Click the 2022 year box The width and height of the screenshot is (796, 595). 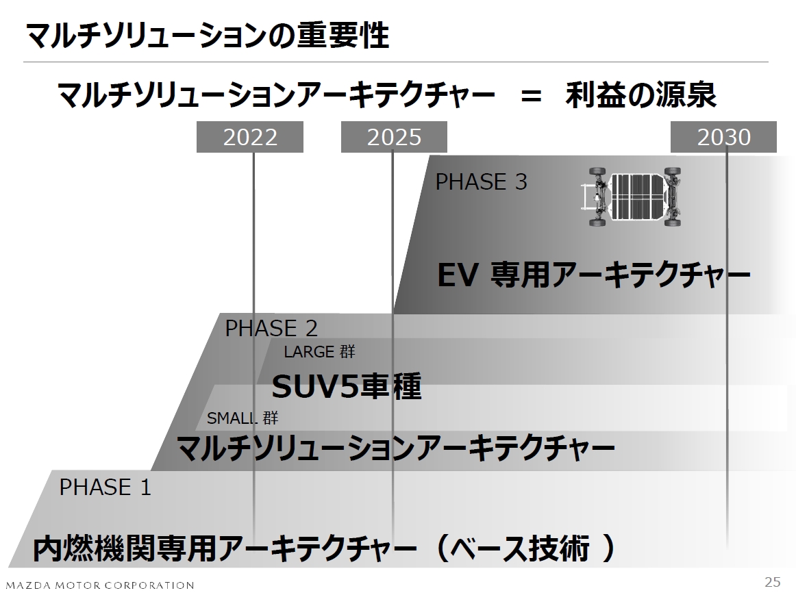(250, 138)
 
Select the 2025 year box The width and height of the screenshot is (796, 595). (394, 138)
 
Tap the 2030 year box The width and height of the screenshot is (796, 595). (723, 138)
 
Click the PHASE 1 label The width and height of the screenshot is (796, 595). (105, 488)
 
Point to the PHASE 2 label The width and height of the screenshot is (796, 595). (271, 329)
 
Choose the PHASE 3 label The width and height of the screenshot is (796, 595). (481, 182)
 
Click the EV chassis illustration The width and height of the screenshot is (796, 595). (632, 197)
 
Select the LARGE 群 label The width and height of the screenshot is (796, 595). (319, 353)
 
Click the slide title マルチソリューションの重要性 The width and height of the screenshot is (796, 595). (207, 36)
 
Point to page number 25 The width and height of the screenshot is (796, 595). (772, 583)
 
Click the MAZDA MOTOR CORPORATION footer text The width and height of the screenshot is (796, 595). (100, 585)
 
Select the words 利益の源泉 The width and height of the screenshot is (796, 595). (640, 96)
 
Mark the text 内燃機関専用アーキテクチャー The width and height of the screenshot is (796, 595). (225, 548)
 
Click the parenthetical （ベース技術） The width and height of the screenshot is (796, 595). (525, 548)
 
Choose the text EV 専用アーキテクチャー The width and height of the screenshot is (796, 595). (594, 277)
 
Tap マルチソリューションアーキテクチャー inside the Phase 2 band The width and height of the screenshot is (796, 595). (395, 449)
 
